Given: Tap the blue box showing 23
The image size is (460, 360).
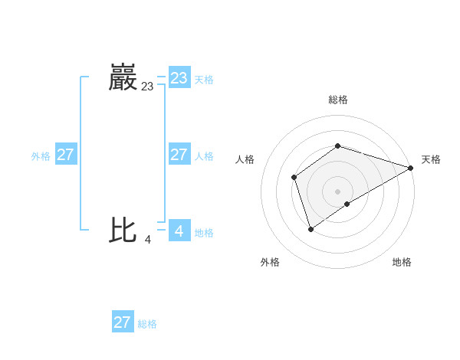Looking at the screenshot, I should pos(179,78).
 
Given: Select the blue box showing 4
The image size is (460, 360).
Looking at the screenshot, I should pos(179,231).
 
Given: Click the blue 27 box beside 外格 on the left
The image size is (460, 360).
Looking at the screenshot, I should pos(65,155).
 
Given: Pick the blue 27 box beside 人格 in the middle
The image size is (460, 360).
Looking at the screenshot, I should pos(179,155).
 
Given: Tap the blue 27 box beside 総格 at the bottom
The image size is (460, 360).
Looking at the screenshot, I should pos(122,322).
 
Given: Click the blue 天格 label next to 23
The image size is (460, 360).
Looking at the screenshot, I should pos(204,80).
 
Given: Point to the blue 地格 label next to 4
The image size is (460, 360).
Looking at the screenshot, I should pos(204,233).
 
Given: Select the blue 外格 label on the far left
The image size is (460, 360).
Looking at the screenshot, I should pos(41,156).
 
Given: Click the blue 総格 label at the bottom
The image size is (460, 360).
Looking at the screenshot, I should pos(147,324).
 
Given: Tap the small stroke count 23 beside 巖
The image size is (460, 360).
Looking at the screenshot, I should pos(147,87).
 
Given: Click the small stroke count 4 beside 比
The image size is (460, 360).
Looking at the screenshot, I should pos(147,240).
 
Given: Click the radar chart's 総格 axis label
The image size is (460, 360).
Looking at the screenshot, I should pos(337,100).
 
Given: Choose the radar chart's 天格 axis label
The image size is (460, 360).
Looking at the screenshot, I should pos(431,159).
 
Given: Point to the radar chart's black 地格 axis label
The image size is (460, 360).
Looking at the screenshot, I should pos(402,263).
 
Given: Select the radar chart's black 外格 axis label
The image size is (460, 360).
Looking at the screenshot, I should pos(270,263).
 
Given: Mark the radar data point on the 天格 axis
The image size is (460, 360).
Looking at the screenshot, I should pos(411,168).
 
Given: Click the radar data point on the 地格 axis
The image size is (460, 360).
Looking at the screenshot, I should pos(347,204).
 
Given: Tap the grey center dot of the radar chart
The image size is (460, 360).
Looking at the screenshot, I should pos(337,191).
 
